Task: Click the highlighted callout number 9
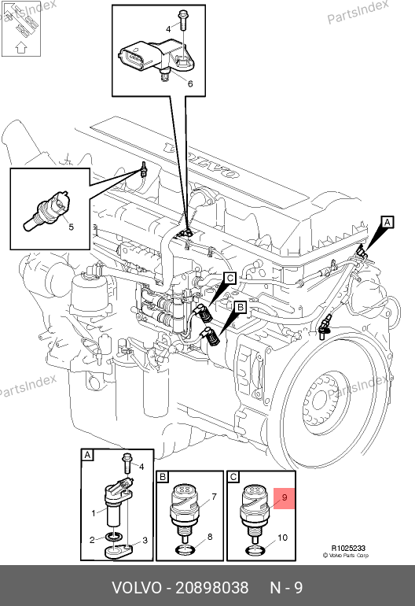pos(285,497)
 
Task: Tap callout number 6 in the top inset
pos(190,83)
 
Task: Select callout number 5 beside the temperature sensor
pos(71,227)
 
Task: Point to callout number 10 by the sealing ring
pos(283,538)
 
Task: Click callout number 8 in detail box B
pos(210,537)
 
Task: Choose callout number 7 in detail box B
pos(215,497)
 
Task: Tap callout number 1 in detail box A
pos(93,513)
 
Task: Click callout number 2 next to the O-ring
pos(92,540)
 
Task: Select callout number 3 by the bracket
pos(145,540)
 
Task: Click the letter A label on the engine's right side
pos(387,222)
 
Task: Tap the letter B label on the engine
pos(241,307)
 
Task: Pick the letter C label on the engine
pos(230,279)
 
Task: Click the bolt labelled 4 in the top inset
pos(182,21)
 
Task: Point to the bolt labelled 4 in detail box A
pos(127,463)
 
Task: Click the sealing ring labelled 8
pos(184,549)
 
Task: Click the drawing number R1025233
pos(348,548)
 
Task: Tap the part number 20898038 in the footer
pos(212,588)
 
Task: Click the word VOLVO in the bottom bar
pos(137,588)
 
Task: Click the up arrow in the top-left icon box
pos(21,47)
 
